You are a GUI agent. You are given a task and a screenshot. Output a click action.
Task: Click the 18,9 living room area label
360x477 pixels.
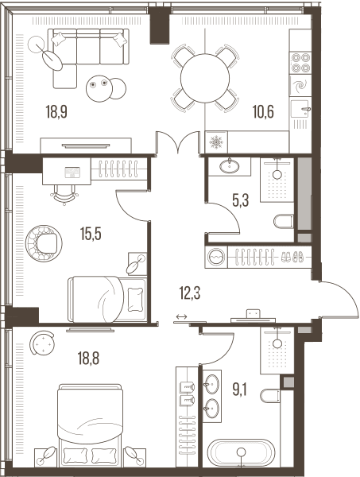click(x=56, y=111)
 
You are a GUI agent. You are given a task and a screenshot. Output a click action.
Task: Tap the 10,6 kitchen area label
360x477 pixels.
click(x=263, y=111)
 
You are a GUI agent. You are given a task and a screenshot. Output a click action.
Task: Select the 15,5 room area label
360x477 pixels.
click(x=91, y=234)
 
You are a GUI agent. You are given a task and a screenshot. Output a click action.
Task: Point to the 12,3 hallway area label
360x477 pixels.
click(x=190, y=293)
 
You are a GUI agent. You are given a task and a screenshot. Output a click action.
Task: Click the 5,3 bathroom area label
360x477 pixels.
click(x=241, y=200)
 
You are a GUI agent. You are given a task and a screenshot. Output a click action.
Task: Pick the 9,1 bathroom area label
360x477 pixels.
click(x=239, y=390)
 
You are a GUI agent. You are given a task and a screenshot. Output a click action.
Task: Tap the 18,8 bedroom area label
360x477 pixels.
click(x=88, y=358)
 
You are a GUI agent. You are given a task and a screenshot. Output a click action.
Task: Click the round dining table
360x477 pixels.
click(x=204, y=79)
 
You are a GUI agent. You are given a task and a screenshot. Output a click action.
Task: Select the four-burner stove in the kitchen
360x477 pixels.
click(x=300, y=63)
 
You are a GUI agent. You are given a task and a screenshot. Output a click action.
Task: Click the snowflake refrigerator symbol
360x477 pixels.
click(x=216, y=142)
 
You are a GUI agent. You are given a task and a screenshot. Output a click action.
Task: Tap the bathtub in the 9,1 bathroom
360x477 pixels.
click(x=241, y=452)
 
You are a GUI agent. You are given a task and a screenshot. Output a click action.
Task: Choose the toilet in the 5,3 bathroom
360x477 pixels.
click(x=284, y=221)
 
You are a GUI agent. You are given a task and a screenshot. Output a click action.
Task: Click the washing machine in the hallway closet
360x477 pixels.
click(x=216, y=257)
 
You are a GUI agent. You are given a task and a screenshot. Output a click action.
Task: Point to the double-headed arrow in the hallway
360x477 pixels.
click(x=181, y=316)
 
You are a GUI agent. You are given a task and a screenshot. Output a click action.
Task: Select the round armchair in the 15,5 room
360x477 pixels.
click(x=44, y=243)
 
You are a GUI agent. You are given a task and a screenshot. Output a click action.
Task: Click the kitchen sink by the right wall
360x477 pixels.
click(x=300, y=109)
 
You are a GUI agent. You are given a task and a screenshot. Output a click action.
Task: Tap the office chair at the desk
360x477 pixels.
click(x=64, y=195)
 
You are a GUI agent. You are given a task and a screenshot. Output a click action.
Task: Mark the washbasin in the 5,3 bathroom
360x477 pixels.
click(x=229, y=166)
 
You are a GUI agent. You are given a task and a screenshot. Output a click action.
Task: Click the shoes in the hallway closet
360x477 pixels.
click(x=292, y=257)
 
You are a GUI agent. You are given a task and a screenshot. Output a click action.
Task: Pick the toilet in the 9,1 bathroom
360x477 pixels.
click(x=270, y=395)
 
